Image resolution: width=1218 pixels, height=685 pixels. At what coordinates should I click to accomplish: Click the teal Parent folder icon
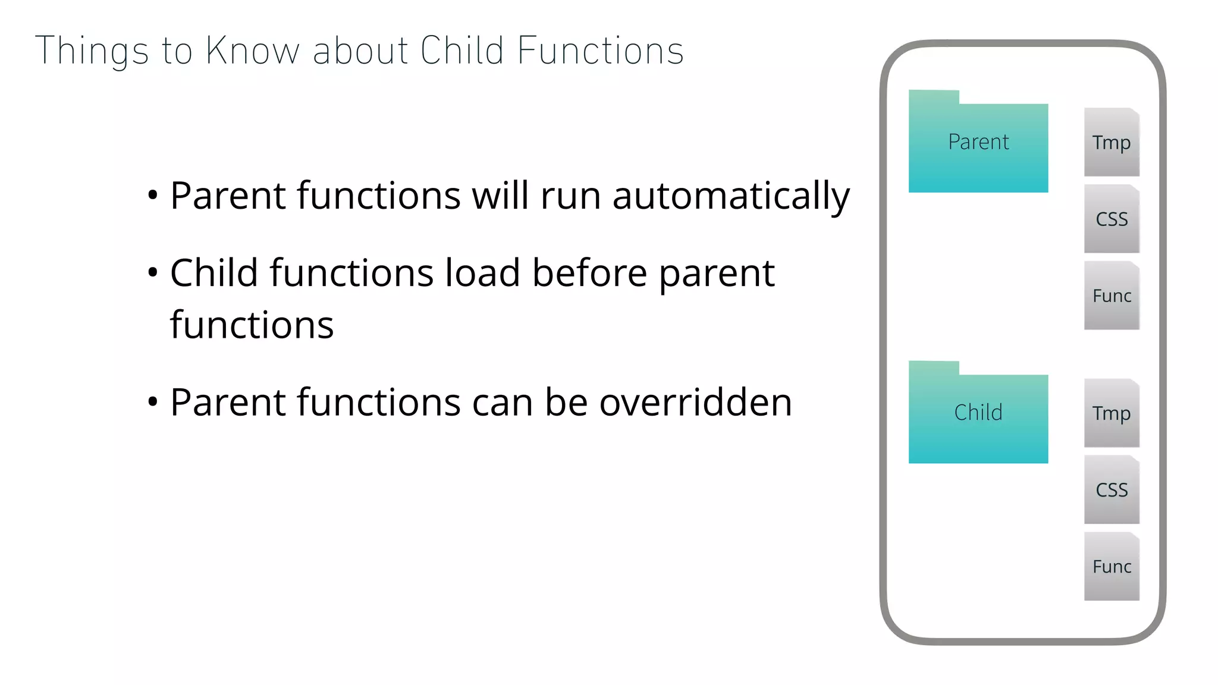tap(978, 143)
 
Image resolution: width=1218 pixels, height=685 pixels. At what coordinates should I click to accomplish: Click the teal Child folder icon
tap(978, 413)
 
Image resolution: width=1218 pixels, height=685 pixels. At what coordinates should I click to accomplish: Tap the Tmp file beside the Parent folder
tap(1111, 143)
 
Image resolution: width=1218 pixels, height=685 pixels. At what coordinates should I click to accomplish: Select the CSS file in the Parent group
tap(1111, 219)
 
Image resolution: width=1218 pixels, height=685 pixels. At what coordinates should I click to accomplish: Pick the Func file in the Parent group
tap(1111, 296)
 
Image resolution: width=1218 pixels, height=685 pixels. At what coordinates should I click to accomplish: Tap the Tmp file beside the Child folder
tap(1111, 413)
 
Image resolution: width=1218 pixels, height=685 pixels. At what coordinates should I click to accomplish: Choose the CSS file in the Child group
tap(1111, 490)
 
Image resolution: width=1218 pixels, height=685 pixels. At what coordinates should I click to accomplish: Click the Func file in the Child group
tap(1111, 567)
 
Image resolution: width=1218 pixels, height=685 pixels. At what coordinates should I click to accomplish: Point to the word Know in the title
tap(252, 51)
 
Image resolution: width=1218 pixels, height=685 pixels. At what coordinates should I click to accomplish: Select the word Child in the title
tap(462, 51)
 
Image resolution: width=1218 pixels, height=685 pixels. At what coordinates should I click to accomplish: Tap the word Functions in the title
tap(601, 51)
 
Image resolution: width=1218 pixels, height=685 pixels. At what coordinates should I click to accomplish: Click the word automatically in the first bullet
tap(731, 196)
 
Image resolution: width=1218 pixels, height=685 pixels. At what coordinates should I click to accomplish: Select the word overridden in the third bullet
tap(695, 403)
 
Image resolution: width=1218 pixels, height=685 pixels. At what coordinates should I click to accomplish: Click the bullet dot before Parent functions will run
tap(153, 195)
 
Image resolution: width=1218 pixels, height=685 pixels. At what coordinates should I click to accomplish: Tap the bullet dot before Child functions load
tap(153, 273)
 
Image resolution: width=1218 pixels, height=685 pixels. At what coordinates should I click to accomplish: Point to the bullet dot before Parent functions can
tap(153, 402)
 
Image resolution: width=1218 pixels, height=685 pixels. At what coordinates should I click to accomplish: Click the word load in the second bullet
tap(482, 274)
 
